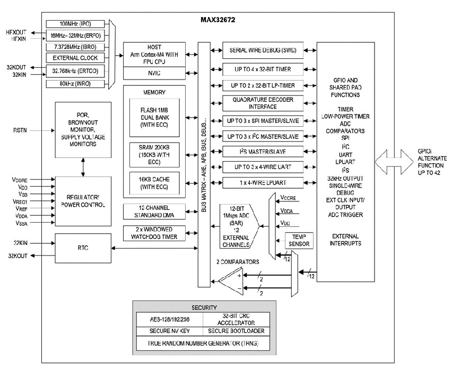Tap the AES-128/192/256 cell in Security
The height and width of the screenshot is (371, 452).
click(x=169, y=320)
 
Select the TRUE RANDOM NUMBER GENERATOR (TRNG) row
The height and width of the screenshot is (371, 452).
click(x=204, y=343)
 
